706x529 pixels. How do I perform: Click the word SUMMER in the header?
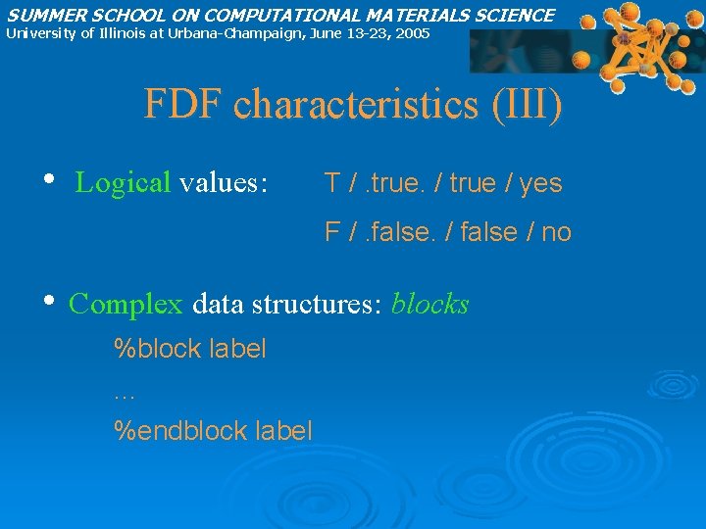tap(39, 15)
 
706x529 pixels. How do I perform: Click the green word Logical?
tap(124, 183)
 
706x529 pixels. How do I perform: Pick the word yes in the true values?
tap(540, 183)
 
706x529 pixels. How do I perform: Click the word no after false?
tap(556, 233)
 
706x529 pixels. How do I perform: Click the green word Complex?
tap(126, 305)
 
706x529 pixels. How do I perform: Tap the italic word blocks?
tap(430, 305)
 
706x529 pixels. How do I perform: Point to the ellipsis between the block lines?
tap(124, 395)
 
